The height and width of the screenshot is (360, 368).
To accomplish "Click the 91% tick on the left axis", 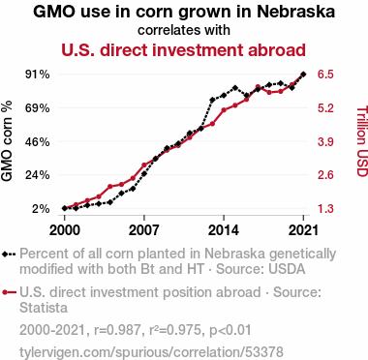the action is coord(38,75).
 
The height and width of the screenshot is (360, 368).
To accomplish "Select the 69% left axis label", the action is coord(38,108).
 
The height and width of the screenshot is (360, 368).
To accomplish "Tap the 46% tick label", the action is coord(38,141).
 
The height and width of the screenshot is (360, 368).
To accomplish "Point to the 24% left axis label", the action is coord(38,175).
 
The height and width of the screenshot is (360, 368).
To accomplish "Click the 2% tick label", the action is coord(41,209).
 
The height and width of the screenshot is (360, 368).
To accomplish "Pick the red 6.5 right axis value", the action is coord(325,75).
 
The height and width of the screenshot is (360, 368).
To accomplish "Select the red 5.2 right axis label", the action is coord(325,108).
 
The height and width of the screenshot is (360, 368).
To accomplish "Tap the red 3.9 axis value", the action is coord(325,141).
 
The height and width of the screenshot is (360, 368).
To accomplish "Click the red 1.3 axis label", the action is coord(325,209).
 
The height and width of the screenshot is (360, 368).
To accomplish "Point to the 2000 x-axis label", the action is coord(65,230).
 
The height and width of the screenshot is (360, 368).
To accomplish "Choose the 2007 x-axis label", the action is coord(144,230).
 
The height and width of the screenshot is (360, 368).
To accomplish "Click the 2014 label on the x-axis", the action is coord(224,230).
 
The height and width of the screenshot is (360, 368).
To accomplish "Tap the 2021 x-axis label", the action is coord(303,230).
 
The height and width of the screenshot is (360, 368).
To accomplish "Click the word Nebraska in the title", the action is coord(295,12).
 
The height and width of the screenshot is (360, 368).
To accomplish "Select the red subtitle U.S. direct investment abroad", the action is coord(183,50).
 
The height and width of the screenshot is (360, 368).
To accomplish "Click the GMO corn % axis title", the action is coord(7,141).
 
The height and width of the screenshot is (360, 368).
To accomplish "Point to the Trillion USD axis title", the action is coord(362,141).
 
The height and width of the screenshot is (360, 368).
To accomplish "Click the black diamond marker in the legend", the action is coord(5,255).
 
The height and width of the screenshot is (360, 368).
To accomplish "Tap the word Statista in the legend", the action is coord(44,308).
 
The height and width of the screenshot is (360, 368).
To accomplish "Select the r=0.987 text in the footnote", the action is coord(117,330).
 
